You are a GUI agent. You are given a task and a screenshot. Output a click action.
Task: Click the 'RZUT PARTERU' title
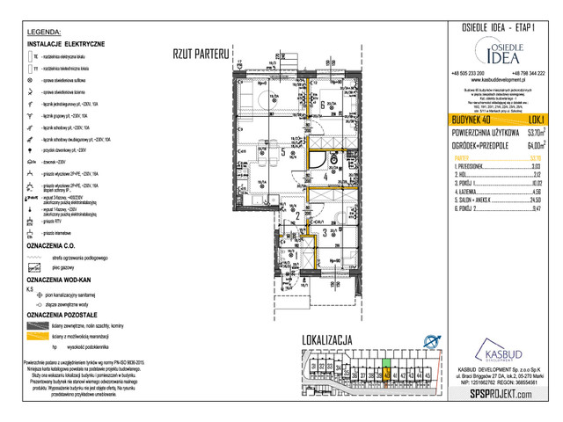pyautogui.click(x=201, y=55)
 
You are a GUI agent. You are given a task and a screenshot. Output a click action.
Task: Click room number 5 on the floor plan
pyautogui.click(x=281, y=150)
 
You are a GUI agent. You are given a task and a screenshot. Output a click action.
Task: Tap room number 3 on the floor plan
pyautogui.click(x=325, y=233)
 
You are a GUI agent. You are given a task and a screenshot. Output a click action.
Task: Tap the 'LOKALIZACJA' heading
pyautogui.click(x=327, y=338)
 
